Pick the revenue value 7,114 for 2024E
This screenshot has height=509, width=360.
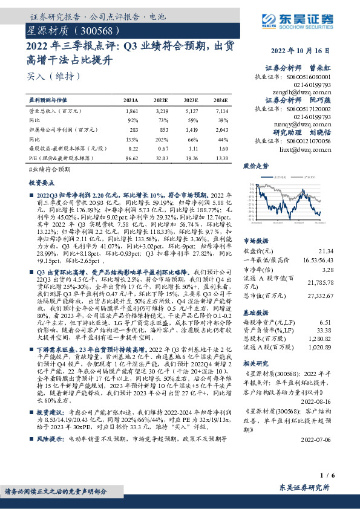click(x=221, y=112)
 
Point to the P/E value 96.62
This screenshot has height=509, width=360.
click(x=131, y=157)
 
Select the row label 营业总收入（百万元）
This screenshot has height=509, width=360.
click(x=55, y=112)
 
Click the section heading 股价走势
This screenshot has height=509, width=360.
click(x=255, y=165)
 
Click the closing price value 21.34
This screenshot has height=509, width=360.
click(x=325, y=250)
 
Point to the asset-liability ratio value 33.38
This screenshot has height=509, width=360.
click(x=325, y=330)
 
